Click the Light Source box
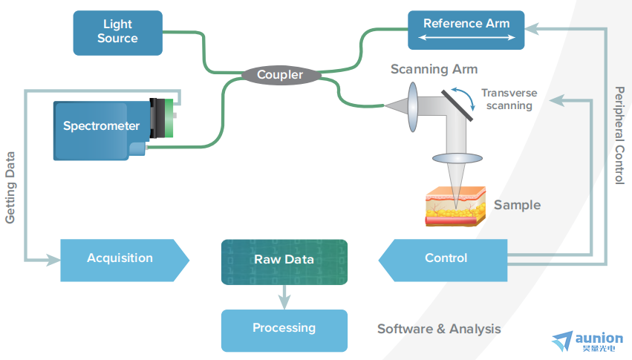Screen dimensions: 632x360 click(x=117, y=33)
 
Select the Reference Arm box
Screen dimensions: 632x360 click(x=466, y=30)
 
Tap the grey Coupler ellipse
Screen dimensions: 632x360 click(x=281, y=75)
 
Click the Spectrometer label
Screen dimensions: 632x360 click(x=101, y=125)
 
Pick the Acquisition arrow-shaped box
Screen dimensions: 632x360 click(x=125, y=260)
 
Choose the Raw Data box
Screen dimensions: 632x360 click(x=284, y=262)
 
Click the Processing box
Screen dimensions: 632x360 click(x=284, y=330)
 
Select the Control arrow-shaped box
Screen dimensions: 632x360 click(x=443, y=260)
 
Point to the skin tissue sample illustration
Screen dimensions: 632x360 click(x=455, y=206)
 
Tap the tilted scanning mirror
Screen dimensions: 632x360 click(x=457, y=105)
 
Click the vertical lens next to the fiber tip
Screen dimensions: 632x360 click(x=413, y=107)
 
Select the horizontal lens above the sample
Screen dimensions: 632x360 click(x=457, y=158)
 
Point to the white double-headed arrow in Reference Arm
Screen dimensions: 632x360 click(x=466, y=37)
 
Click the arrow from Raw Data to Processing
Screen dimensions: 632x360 click(x=284, y=297)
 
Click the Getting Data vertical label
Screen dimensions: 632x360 click(x=10, y=187)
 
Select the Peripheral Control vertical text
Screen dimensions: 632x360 click(x=619, y=135)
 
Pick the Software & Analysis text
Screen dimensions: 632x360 click(x=439, y=329)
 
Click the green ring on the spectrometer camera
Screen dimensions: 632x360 click(x=169, y=118)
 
